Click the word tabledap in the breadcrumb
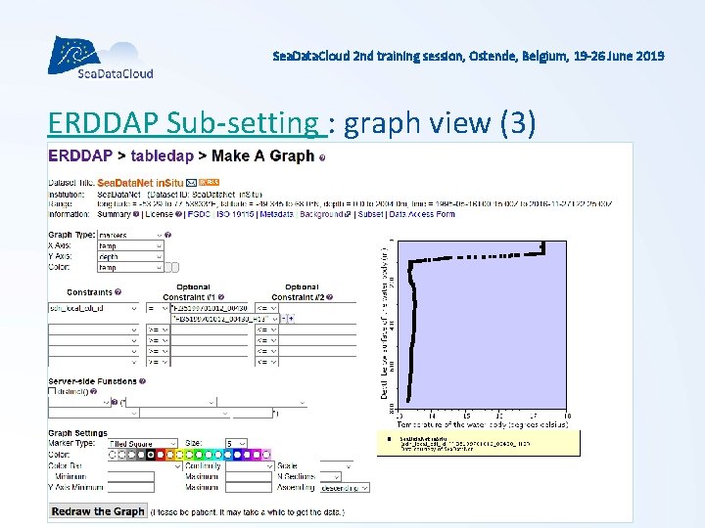167,155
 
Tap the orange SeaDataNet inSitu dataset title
140,182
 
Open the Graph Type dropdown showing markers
129,236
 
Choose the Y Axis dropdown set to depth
129,256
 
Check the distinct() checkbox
53,391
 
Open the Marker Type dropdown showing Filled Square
142,444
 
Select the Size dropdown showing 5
236,444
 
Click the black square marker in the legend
389,438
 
